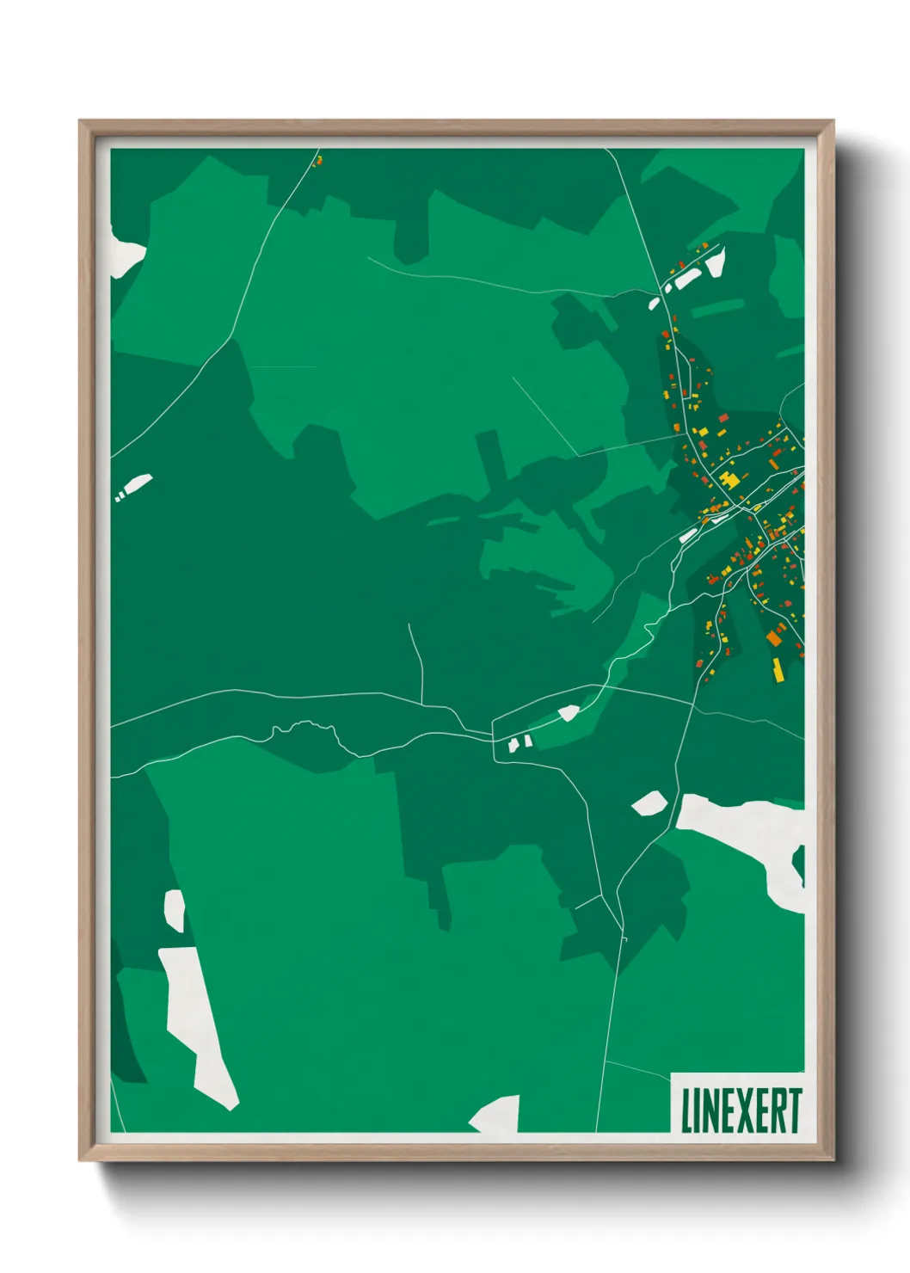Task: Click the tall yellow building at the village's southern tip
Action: [x=778, y=670]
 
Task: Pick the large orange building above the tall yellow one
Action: [x=774, y=638]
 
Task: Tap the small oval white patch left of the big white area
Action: [x=649, y=803]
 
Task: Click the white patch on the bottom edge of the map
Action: [x=497, y=1115]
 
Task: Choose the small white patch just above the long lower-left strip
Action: [x=175, y=910]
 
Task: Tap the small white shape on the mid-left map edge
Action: [x=135, y=486]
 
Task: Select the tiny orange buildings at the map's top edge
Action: [x=317, y=160]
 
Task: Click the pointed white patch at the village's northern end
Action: [x=715, y=261]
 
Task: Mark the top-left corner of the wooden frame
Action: [x=80, y=121]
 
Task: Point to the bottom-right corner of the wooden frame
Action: [x=833, y=1161]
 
